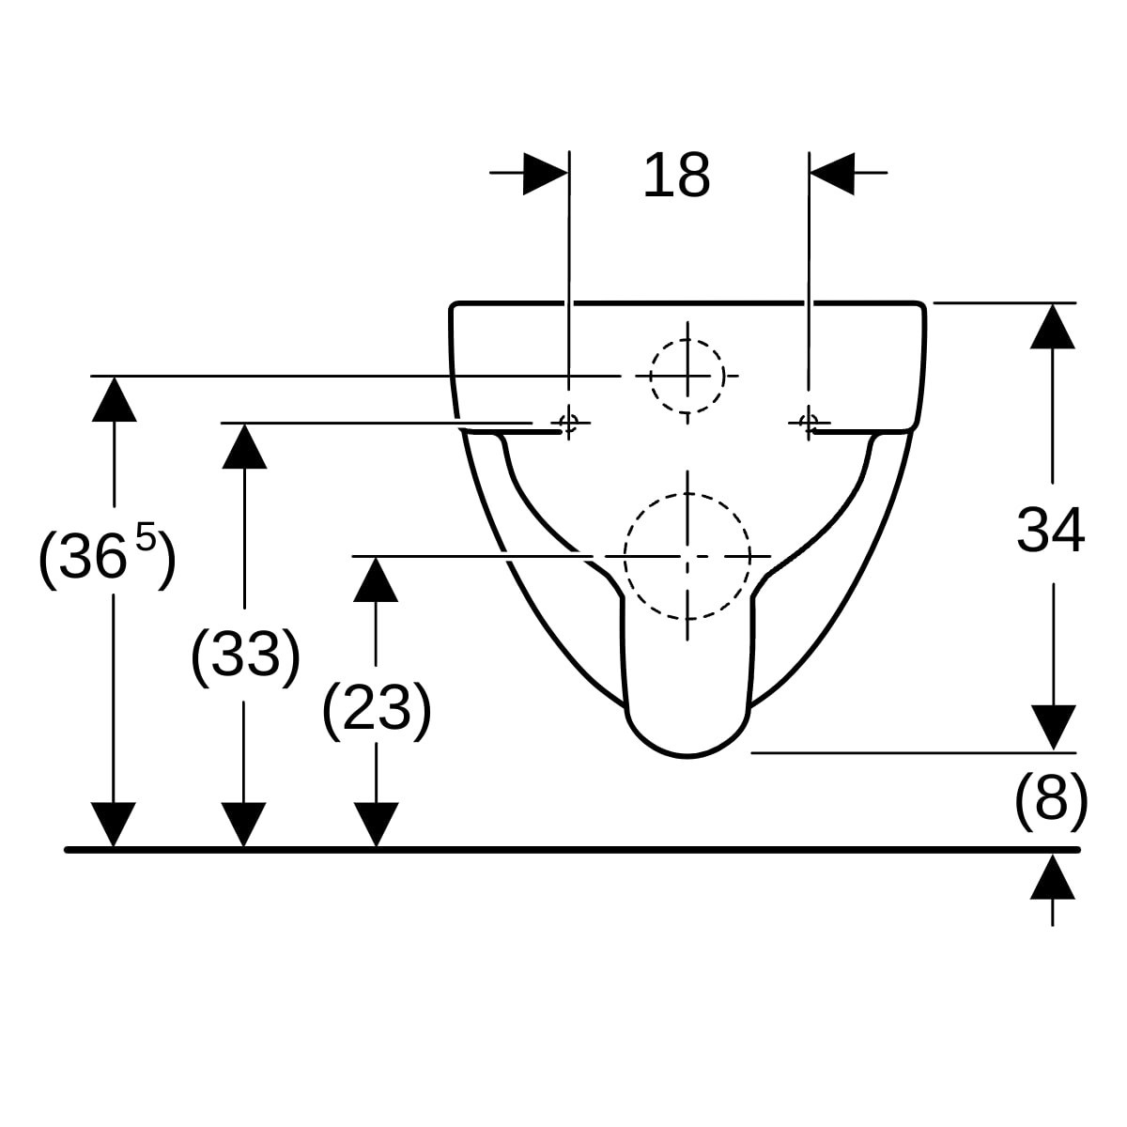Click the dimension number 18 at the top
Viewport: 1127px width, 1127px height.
click(x=676, y=175)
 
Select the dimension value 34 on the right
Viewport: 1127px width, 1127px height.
click(x=1050, y=531)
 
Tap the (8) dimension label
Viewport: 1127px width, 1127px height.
click(x=1051, y=801)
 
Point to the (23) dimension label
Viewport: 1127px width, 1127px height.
click(x=377, y=709)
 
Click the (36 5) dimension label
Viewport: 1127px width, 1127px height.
click(x=107, y=557)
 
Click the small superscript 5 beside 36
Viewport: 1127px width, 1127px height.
click(x=146, y=537)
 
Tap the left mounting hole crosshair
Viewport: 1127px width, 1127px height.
click(x=568, y=423)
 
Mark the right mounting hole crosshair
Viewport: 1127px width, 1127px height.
click(x=809, y=422)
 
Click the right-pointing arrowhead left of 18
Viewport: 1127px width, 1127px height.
click(x=545, y=174)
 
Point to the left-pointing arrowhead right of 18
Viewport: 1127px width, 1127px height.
click(x=832, y=174)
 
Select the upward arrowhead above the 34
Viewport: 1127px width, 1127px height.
click(x=1052, y=326)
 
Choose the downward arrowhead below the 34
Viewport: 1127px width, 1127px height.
click(x=1053, y=728)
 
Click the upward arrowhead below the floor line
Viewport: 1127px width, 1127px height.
click(x=1052, y=876)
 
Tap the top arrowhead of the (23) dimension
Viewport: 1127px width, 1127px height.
click(x=376, y=579)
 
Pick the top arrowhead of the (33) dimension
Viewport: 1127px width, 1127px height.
click(x=244, y=446)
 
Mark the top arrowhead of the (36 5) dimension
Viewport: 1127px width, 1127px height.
click(x=114, y=399)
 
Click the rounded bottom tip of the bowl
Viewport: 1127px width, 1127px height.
click(x=687, y=756)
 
